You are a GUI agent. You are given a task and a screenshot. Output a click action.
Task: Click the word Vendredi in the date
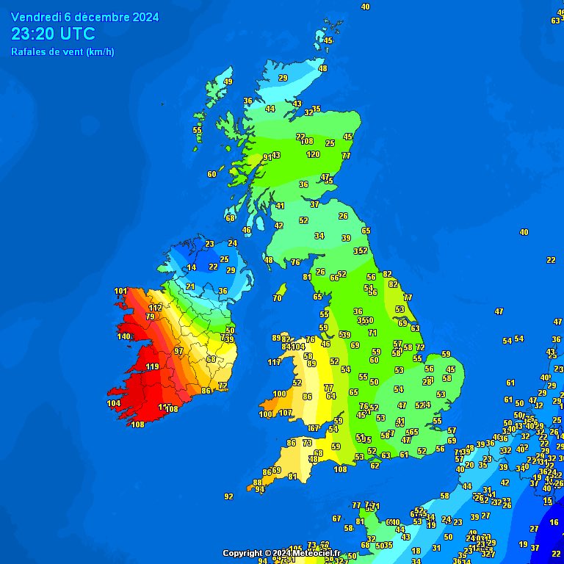36,17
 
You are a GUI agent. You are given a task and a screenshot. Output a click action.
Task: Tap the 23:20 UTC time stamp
53,34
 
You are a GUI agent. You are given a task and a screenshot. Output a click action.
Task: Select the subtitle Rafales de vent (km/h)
62,51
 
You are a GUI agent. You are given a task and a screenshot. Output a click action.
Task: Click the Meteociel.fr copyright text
281,553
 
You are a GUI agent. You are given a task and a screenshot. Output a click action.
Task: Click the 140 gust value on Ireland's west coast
124,337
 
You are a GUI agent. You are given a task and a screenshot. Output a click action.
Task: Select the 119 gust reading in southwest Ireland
153,366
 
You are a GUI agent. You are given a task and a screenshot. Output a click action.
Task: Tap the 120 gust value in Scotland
313,154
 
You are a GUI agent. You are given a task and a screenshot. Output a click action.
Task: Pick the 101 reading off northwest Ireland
121,292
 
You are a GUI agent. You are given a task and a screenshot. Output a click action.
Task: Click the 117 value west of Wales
274,362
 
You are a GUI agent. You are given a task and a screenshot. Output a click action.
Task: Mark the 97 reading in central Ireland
178,351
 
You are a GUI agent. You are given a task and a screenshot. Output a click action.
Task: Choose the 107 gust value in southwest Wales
286,413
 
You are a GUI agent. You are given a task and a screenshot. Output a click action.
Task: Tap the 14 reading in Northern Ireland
192,268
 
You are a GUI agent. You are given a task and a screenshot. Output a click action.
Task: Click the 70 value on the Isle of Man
277,298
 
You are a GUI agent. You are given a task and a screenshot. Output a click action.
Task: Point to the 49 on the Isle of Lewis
228,82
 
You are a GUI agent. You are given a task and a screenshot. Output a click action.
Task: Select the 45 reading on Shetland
328,41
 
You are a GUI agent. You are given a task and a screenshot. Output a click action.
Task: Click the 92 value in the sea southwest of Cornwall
228,496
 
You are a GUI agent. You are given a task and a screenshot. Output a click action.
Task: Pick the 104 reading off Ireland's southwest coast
113,403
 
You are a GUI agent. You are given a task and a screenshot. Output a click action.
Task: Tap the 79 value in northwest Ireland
150,317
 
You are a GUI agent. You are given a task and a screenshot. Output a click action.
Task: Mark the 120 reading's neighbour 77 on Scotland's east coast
346,156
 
